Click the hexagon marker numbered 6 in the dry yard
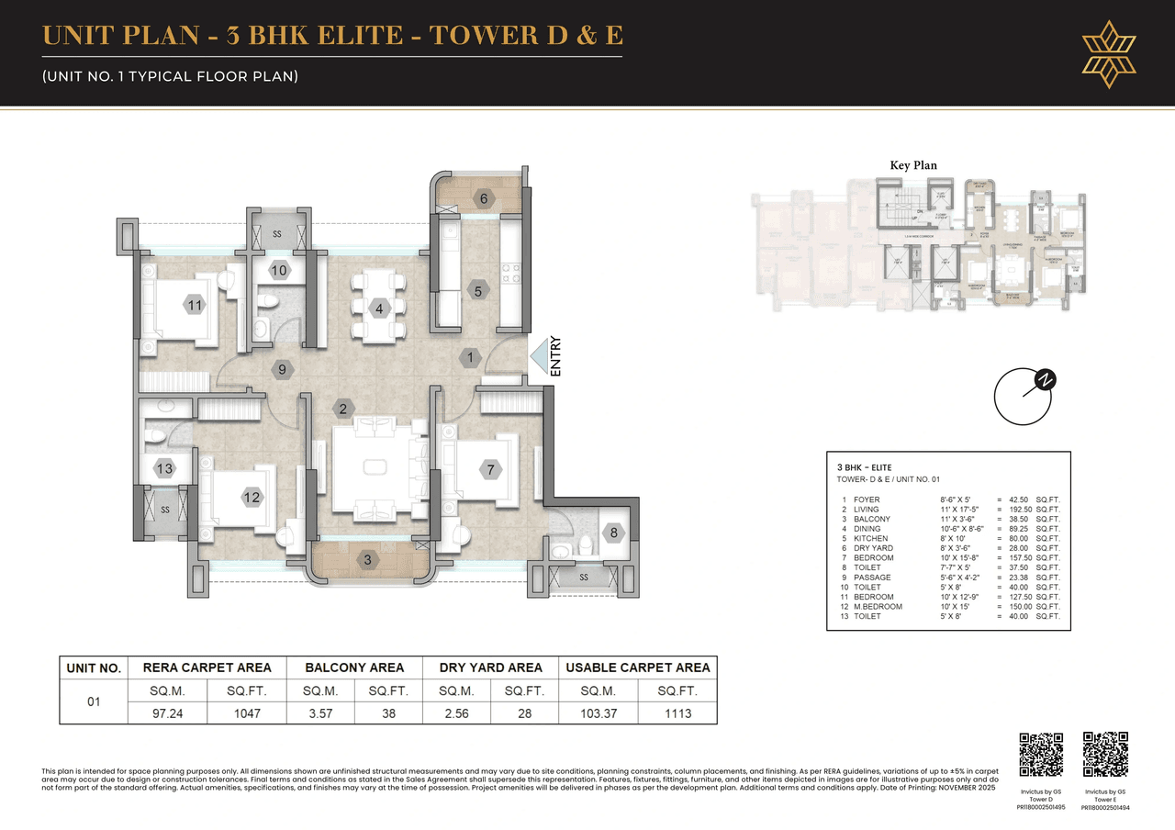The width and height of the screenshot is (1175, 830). pyautogui.click(x=483, y=198)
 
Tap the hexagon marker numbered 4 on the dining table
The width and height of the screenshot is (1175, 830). pyautogui.click(x=379, y=308)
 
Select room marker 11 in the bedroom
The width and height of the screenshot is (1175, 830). pyautogui.click(x=194, y=305)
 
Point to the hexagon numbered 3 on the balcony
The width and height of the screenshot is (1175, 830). pyautogui.click(x=367, y=559)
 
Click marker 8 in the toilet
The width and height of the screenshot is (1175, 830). pyautogui.click(x=613, y=532)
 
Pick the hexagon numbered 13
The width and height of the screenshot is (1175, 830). pyautogui.click(x=164, y=469)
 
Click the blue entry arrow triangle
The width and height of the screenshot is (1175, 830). pyautogui.click(x=537, y=358)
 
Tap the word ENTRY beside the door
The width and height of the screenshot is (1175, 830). pyautogui.click(x=555, y=358)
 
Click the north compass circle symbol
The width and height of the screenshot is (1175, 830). pyautogui.click(x=1023, y=398)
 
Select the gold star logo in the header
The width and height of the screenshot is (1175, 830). pyautogui.click(x=1109, y=53)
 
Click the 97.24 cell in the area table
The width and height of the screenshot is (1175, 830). pyautogui.click(x=171, y=713)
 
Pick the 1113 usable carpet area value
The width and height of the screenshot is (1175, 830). pyautogui.click(x=677, y=713)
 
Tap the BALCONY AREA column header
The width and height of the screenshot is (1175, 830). pyautogui.click(x=354, y=667)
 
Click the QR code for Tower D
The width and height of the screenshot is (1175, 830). pyautogui.click(x=1042, y=754)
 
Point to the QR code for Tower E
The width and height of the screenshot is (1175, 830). pyautogui.click(x=1105, y=754)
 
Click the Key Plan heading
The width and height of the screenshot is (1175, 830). pyautogui.click(x=913, y=165)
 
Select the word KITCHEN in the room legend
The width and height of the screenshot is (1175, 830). pyautogui.click(x=869, y=538)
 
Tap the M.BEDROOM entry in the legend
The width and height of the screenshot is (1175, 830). pyautogui.click(x=878, y=606)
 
